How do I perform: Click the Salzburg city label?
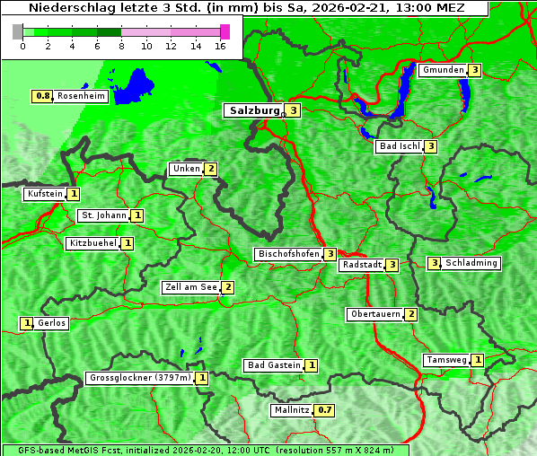coord(253,110)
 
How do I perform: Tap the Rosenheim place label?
coord(81,96)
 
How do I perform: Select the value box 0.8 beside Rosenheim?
coord(41,96)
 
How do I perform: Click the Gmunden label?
coord(443,70)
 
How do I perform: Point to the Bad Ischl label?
coord(399,146)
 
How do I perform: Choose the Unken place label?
coord(186,169)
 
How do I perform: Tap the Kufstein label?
coord(45,194)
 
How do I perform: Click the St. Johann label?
coord(102,215)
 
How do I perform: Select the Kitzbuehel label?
coord(92,243)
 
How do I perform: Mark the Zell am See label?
coord(191,287)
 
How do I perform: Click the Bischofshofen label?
coord(288,255)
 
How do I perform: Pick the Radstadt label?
coord(361,265)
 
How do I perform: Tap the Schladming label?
coord(471,263)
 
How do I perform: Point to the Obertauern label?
coord(375,314)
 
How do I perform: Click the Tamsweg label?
coord(446,360)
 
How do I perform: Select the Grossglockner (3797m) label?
coord(140,378)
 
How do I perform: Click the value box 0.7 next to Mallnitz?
coord(325,410)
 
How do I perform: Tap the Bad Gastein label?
coord(274,365)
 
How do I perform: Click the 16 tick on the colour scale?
coord(221,46)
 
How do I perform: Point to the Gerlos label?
coord(51,323)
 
